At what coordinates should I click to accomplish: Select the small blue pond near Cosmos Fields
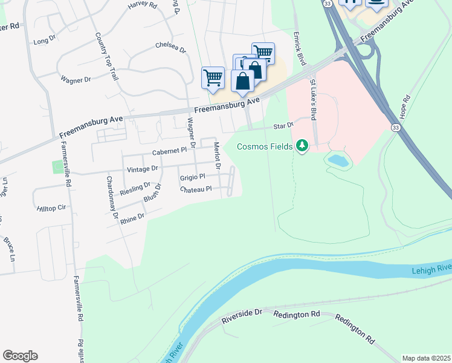(x=338, y=160)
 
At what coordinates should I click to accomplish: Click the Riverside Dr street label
(x=242, y=313)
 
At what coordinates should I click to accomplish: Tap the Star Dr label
(x=283, y=126)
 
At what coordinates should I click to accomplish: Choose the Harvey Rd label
(x=142, y=5)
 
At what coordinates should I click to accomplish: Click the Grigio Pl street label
(x=193, y=177)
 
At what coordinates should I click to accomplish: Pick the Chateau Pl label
(x=196, y=189)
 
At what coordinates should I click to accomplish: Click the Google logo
(x=20, y=356)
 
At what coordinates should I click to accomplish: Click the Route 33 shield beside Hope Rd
(x=395, y=128)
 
